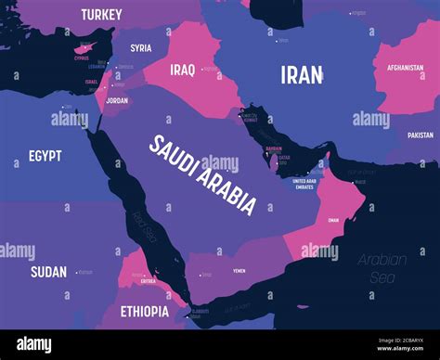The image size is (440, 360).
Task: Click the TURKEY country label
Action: pyautogui.click(x=102, y=14)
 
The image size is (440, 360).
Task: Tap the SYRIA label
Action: pyautogui.click(x=141, y=48)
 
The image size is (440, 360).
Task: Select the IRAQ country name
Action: pyautogui.click(x=181, y=70)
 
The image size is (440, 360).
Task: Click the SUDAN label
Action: pyautogui.click(x=48, y=272)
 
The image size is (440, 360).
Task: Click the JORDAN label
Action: pyautogui.click(x=117, y=99)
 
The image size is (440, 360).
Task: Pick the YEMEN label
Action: pyautogui.click(x=239, y=272)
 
